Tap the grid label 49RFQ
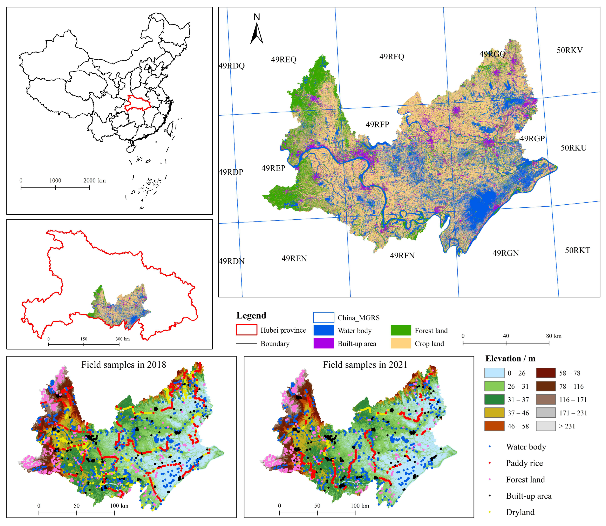[x=391, y=57]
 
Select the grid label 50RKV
[x=569, y=50]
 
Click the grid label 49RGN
[x=505, y=253]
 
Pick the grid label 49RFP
[x=377, y=125]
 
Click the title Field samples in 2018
[x=123, y=365]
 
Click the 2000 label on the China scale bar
[x=89, y=180]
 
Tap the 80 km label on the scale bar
[x=553, y=336]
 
